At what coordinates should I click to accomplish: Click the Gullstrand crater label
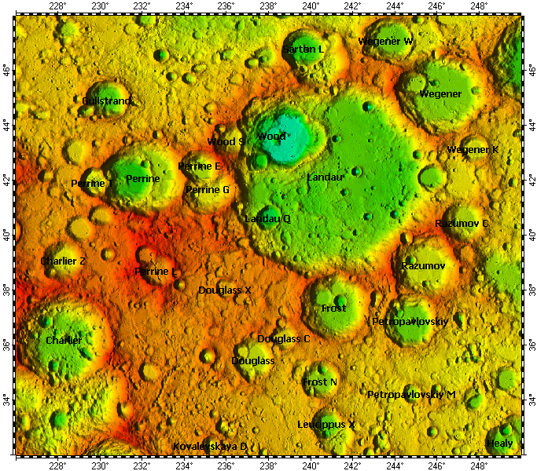(108, 100)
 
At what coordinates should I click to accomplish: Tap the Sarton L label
(303, 49)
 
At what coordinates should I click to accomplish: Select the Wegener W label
(385, 41)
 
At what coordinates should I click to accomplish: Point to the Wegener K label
(473, 149)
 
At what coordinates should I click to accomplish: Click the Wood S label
(226, 142)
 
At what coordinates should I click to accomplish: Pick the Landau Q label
(267, 218)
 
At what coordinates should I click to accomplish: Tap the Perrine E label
(200, 166)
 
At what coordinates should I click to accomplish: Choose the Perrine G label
(208, 189)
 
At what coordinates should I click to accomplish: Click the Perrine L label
(156, 272)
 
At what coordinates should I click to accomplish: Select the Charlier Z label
(63, 261)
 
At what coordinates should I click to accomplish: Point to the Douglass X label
(225, 290)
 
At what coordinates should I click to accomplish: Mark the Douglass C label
(284, 338)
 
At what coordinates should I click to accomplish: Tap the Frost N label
(320, 382)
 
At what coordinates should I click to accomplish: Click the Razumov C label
(462, 224)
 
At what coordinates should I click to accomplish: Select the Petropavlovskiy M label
(411, 394)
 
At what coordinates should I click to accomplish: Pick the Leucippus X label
(326, 424)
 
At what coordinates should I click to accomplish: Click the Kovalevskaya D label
(210, 446)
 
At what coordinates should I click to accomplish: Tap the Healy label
(500, 444)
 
